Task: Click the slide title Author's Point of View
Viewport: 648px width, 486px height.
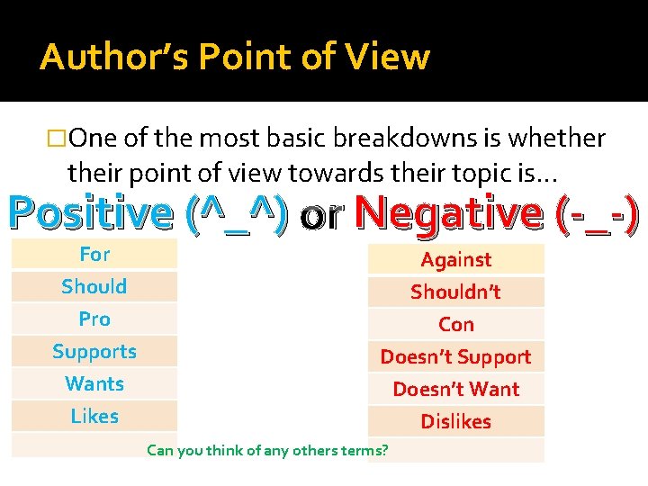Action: pos(235,58)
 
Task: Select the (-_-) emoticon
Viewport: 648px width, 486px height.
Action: pos(598,213)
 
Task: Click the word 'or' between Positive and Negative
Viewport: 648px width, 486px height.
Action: pos(321,215)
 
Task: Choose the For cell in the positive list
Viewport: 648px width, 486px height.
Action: pos(94,255)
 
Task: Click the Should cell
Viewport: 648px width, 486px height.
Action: pos(94,287)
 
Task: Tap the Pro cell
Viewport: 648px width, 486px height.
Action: pos(94,319)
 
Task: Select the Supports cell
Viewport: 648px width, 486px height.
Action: pos(94,352)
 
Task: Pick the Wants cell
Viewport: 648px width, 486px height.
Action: pos(94,384)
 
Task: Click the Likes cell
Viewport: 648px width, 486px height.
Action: pos(94,417)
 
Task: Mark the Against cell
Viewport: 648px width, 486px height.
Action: pos(456,260)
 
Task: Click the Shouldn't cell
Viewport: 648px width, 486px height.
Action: pos(456,292)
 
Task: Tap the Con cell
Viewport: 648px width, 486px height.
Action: pos(456,325)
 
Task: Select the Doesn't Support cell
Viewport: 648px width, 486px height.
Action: pos(456,357)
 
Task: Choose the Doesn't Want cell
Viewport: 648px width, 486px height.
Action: pos(456,390)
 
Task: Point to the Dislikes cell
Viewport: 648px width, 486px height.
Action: pos(456,422)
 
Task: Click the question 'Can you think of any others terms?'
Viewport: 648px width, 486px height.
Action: pos(267,448)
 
